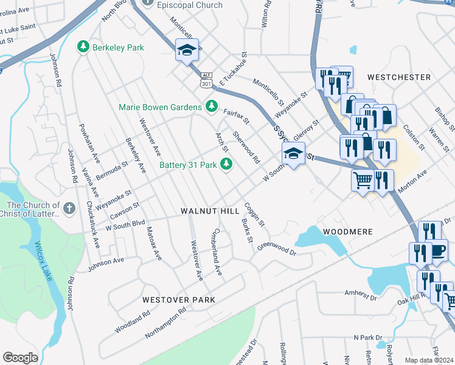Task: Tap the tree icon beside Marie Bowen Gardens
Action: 211,107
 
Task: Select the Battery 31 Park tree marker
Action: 226,164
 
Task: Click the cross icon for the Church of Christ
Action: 69,209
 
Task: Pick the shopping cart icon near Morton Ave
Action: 363,180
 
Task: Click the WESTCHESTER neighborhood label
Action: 399,77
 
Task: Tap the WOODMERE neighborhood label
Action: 347,232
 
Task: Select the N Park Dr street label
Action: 367,337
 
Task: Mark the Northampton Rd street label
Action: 165,323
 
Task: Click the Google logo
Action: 20,358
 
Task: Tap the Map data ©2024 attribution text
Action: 429,360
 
